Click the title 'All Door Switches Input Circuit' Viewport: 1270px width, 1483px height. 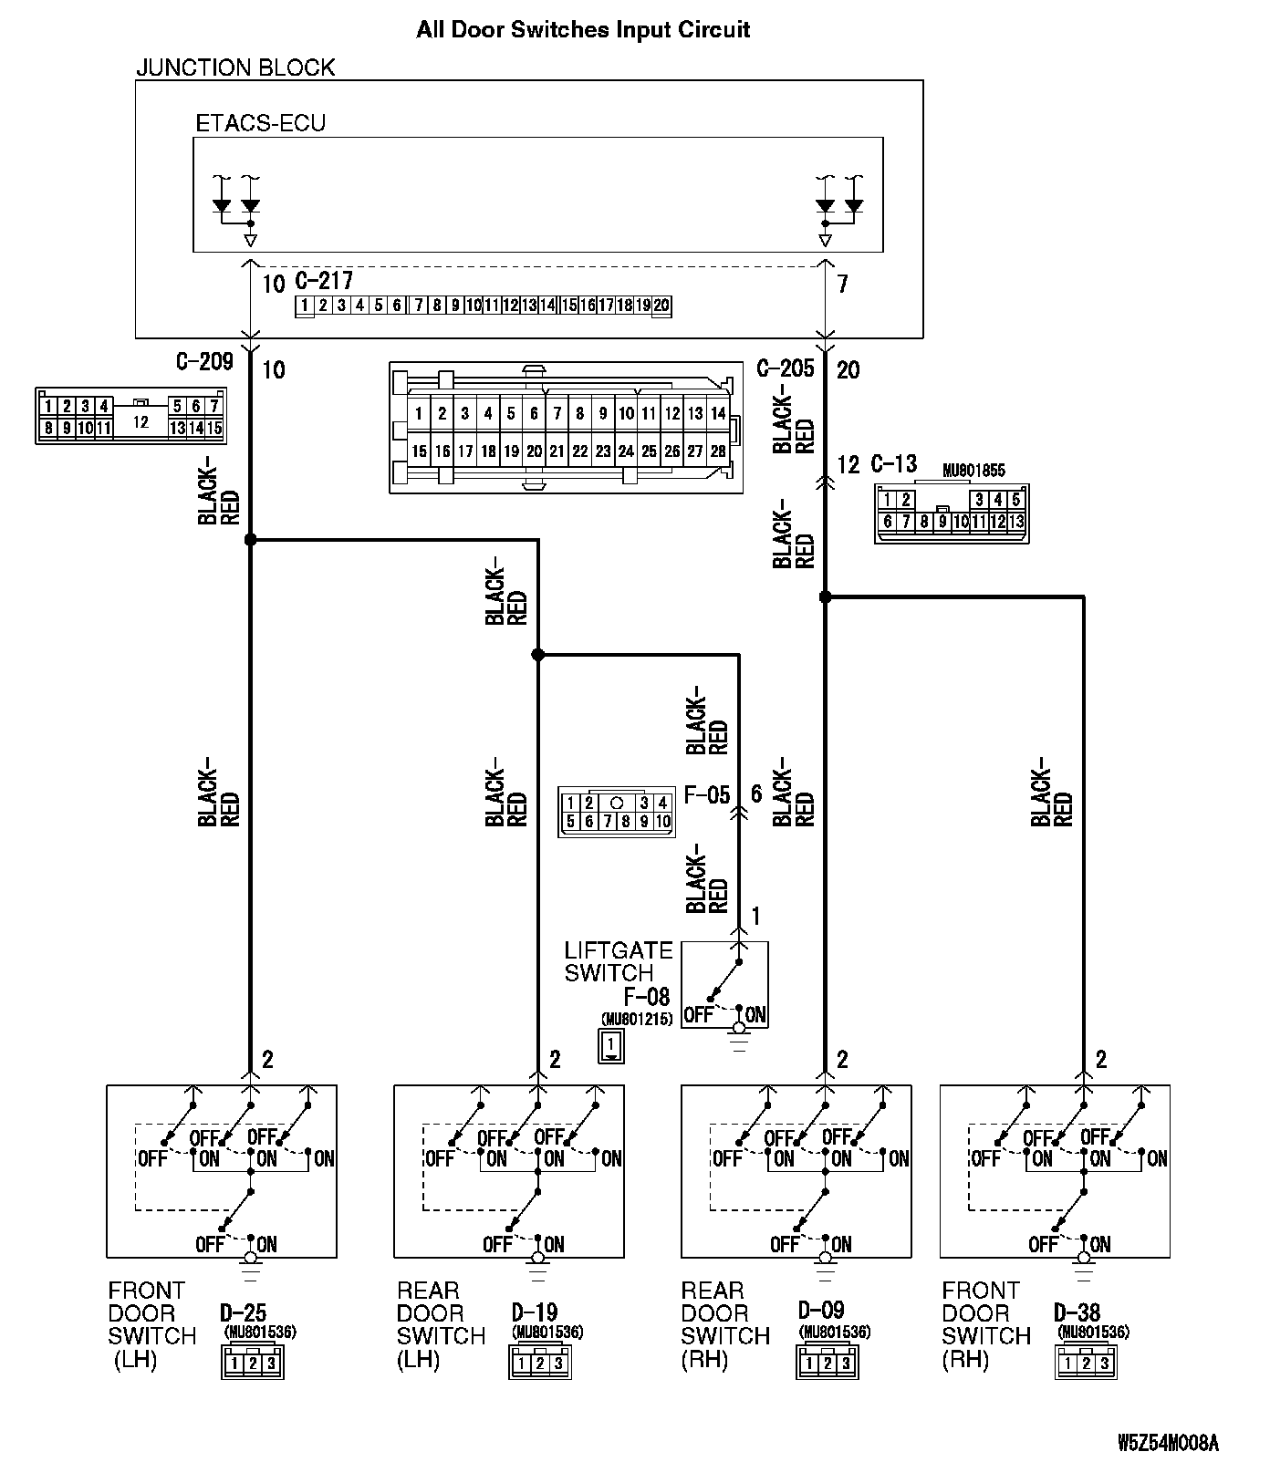click(x=583, y=29)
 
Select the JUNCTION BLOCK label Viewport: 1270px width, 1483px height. click(x=235, y=67)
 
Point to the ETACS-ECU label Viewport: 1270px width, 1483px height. click(x=261, y=123)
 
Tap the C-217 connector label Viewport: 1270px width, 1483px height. click(x=324, y=280)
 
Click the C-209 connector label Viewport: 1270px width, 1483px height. click(x=204, y=362)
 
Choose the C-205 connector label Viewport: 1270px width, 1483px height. click(x=786, y=368)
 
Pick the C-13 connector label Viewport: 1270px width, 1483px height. click(x=893, y=463)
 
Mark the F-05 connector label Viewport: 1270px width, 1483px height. click(x=707, y=795)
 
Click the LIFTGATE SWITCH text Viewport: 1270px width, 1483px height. click(x=619, y=962)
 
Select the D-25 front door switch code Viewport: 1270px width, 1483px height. click(x=243, y=1313)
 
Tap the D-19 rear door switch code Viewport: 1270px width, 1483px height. click(x=534, y=1313)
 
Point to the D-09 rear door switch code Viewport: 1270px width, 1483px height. click(x=821, y=1311)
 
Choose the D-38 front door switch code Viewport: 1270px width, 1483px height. click(x=1077, y=1313)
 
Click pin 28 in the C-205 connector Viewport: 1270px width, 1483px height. click(x=718, y=451)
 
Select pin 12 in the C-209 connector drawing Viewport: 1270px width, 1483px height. click(x=141, y=422)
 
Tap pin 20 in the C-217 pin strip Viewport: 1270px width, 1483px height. click(x=661, y=306)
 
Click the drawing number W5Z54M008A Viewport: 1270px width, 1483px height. click(x=1168, y=1443)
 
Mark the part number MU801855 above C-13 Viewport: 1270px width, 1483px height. click(x=973, y=472)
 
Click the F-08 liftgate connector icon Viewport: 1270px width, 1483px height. click(x=611, y=1045)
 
